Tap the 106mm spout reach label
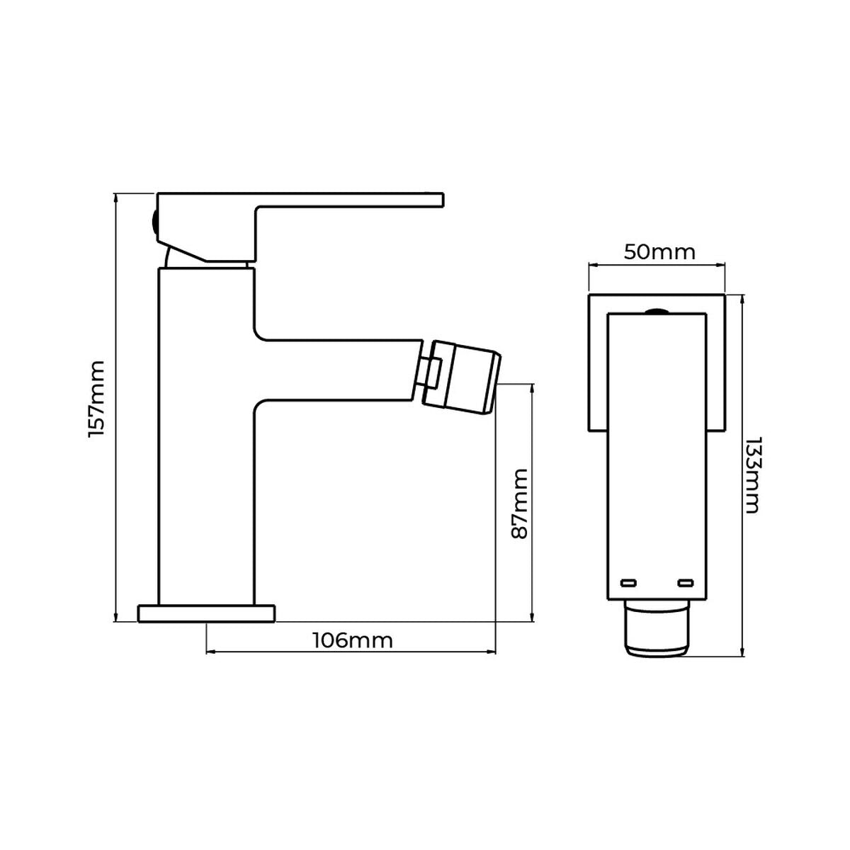point(352,640)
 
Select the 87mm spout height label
point(521,504)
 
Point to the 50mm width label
point(659,252)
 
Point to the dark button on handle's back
point(154,222)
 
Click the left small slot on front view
point(628,582)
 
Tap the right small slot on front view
point(684,582)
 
